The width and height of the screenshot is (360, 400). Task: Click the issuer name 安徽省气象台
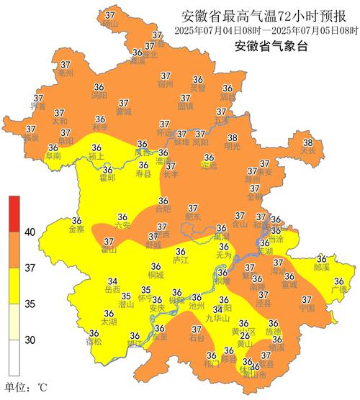[270, 47]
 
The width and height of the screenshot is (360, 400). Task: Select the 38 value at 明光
[232, 137]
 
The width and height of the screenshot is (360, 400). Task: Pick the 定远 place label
[209, 165]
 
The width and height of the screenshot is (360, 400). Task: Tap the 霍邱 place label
[107, 177]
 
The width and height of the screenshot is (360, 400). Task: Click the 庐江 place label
[181, 260]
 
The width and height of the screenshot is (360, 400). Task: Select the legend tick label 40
[30, 232]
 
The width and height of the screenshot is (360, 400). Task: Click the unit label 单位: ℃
[26, 388]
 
